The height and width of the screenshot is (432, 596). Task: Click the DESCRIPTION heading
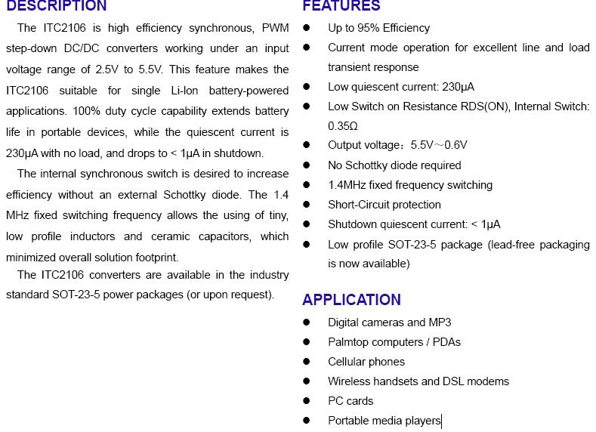(x=57, y=6)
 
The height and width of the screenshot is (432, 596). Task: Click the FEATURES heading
(x=341, y=6)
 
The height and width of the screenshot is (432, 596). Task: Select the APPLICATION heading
(x=351, y=300)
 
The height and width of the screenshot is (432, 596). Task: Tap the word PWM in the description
(x=275, y=28)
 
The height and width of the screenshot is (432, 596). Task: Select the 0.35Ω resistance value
(x=343, y=126)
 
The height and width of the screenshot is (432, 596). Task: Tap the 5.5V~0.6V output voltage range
(x=439, y=145)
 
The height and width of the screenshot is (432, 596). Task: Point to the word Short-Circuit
(x=363, y=205)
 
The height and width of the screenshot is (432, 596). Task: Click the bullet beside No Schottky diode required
(x=307, y=165)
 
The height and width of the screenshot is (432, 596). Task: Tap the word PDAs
(x=446, y=342)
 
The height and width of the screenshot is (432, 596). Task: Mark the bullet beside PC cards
(x=307, y=401)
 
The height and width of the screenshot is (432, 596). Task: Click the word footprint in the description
(x=156, y=258)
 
